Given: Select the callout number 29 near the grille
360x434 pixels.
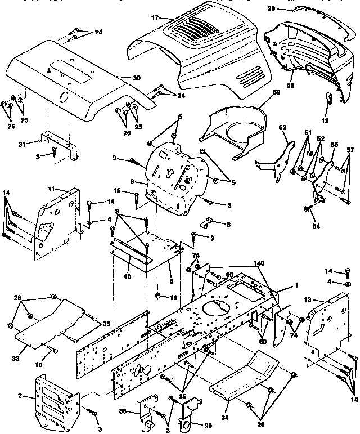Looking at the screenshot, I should pos(287,10).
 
